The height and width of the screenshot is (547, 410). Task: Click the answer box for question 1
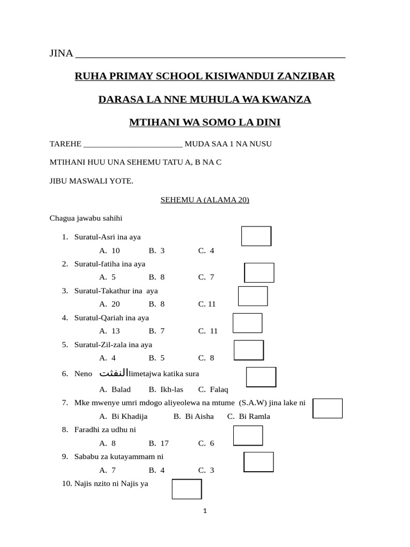256,236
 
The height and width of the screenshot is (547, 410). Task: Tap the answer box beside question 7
327,408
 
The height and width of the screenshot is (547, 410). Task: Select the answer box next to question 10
187,489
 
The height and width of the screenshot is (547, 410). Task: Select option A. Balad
115,389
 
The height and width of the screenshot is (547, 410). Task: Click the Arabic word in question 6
114,373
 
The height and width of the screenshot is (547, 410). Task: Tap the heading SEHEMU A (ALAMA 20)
205,200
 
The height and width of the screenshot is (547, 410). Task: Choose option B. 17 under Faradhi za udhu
159,443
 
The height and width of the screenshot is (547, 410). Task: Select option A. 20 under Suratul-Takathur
109,304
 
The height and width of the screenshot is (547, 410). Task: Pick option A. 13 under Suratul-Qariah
109,331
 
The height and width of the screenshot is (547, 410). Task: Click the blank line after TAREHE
133,144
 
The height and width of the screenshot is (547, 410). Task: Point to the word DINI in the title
267,123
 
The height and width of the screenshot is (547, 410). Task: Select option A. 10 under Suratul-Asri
109,251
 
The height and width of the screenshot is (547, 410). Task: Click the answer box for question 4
248,323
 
